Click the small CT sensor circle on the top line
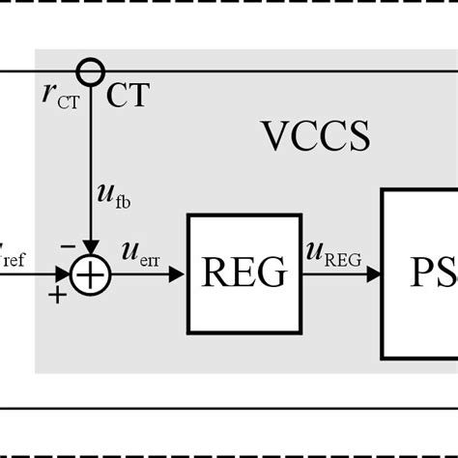90,72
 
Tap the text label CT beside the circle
127,95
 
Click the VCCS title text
315,137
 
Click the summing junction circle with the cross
90,274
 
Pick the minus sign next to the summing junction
68,246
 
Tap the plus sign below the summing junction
58,295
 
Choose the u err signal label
139,253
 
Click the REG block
243,273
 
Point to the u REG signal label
333,253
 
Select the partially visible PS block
419,273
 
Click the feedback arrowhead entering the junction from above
90,248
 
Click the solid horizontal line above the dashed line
229,408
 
